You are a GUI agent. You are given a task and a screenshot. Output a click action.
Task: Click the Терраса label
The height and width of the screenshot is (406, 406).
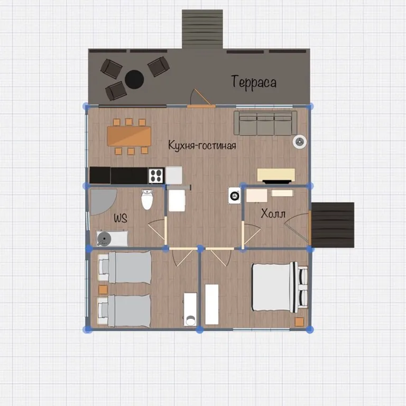click(254, 82)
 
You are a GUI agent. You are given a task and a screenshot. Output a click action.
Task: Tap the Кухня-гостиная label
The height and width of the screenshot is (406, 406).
click(202, 145)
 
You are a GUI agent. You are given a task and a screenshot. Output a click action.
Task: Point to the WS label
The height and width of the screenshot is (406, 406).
click(121, 218)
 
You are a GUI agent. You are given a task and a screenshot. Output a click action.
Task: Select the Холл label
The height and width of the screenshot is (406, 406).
click(273, 214)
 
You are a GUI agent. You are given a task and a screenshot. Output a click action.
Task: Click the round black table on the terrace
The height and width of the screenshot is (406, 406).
click(134, 79)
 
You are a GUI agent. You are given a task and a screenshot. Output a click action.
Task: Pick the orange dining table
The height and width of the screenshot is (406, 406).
click(129, 136)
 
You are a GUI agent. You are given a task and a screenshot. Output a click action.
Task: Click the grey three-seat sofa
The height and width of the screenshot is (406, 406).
click(265, 123)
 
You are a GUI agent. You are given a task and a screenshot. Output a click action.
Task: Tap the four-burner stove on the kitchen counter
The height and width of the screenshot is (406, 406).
click(156, 176)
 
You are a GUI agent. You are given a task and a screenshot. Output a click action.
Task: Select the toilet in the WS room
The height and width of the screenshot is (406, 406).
click(147, 199)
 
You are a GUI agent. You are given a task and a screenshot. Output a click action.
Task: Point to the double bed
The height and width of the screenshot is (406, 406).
click(280, 287)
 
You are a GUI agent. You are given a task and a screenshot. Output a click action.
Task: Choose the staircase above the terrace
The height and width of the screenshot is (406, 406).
click(202, 29)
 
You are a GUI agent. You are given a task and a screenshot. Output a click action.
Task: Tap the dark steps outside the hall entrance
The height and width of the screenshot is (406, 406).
click(333, 225)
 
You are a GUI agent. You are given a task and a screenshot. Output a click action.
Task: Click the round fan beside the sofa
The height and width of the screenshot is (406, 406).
click(300, 142)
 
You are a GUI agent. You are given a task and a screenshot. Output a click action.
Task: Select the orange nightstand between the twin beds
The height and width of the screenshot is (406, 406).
click(103, 290)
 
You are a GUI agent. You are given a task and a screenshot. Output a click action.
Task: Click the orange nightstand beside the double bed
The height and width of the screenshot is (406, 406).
click(299, 322)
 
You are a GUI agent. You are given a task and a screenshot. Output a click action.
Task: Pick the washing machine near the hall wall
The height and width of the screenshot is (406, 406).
click(235, 196)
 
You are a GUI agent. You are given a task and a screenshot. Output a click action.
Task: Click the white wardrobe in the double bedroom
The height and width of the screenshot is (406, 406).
click(212, 304)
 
